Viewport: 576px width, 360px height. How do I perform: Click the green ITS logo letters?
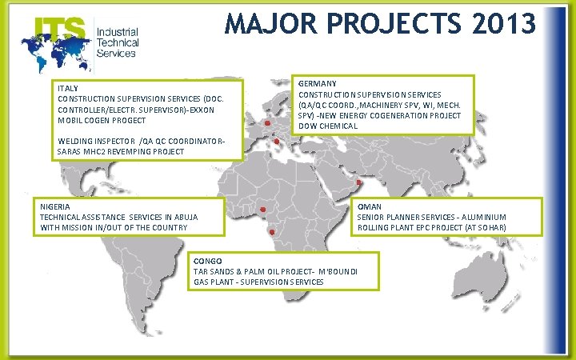pos(60,30)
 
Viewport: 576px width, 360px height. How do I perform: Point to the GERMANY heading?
pos(317,83)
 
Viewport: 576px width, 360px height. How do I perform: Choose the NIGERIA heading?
pos(55,206)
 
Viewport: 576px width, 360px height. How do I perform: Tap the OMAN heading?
pos(368,206)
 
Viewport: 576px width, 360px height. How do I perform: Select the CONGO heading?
pos(207,262)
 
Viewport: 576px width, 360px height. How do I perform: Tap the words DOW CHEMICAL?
pos(329,126)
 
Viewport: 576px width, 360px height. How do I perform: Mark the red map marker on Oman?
pos(359,182)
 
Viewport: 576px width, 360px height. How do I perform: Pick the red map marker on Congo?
pos(274,231)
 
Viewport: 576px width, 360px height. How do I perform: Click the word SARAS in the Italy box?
pos(71,152)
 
